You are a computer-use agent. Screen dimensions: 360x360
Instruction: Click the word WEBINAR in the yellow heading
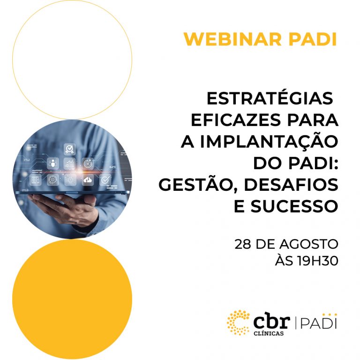(x=232, y=39)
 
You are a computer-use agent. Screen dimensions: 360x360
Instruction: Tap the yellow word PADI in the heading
(x=313, y=39)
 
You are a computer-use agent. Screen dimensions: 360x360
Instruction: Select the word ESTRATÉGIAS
(x=270, y=98)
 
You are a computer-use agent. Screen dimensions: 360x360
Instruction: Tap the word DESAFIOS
(x=291, y=185)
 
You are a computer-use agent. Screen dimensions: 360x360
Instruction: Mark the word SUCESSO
(x=294, y=206)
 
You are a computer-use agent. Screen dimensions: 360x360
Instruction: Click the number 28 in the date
(x=243, y=244)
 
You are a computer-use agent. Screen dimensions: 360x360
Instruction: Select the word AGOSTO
(x=308, y=244)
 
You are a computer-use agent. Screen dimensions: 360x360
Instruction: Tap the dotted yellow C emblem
(x=238, y=322)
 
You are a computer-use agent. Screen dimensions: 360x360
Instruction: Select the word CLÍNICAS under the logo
(x=269, y=333)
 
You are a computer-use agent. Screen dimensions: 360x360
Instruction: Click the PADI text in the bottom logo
(x=318, y=323)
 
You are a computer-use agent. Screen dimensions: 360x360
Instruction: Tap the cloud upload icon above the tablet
(x=88, y=180)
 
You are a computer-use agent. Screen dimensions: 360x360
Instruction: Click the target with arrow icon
(x=88, y=164)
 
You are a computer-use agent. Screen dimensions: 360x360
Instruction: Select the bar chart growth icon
(x=69, y=163)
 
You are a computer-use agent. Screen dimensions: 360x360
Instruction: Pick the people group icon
(x=53, y=163)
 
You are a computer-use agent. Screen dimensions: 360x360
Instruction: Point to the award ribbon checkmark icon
(x=69, y=149)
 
